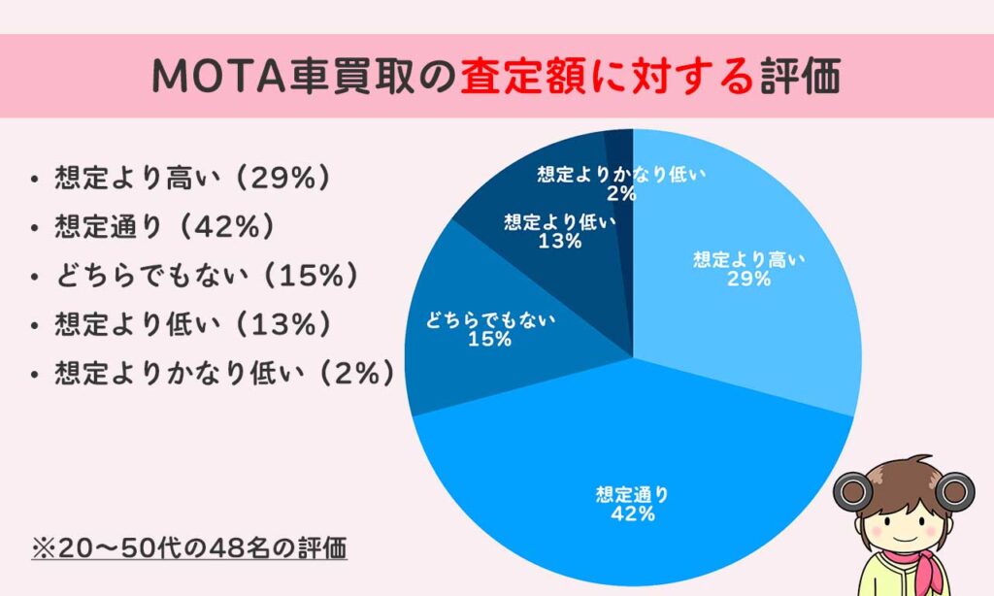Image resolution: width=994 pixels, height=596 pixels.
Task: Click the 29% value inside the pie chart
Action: [x=748, y=280]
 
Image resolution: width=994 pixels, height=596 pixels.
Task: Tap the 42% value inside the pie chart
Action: [x=632, y=514]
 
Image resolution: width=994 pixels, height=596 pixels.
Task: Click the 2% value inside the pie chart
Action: [x=621, y=193]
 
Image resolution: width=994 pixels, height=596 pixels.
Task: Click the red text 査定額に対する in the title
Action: [x=607, y=78]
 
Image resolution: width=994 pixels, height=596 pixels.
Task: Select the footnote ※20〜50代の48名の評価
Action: [x=189, y=547]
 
